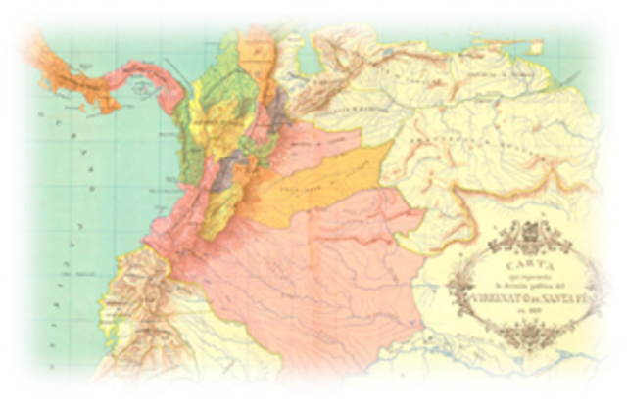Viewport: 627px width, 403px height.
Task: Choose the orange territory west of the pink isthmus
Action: (x=54, y=54)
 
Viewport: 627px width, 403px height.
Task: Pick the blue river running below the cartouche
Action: (x=509, y=362)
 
